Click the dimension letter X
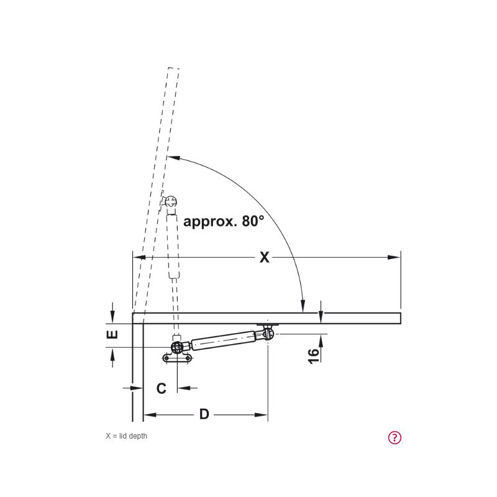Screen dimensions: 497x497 coord(265,257)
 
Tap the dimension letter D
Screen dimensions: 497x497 coord(204,414)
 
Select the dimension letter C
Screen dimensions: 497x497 coord(162,388)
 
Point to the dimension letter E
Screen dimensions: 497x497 coord(112,334)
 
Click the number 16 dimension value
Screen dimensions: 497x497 coord(314,356)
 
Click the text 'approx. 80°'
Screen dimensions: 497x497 coord(224,221)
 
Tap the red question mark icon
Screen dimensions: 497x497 coord(394,438)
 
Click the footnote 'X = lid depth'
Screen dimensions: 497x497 coord(127,436)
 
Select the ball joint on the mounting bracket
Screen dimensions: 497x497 coord(177,347)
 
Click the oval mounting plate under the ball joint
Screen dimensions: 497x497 coord(177,358)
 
